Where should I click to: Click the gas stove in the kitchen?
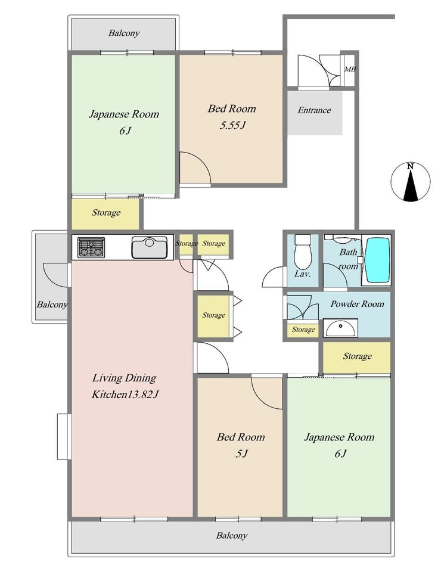[x=91, y=247]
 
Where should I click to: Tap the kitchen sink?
[x=150, y=247]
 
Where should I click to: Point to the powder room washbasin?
[x=341, y=328]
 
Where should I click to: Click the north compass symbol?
[x=411, y=182]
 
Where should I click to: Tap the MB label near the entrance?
[x=350, y=69]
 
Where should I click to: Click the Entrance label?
[x=314, y=110]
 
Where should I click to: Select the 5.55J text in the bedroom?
[x=232, y=126]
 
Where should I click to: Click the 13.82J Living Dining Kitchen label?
[x=125, y=386]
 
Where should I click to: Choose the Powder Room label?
[x=357, y=304]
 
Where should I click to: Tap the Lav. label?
[x=302, y=274]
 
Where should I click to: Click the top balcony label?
[x=124, y=33]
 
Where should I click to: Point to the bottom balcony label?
[x=232, y=535]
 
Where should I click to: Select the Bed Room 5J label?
[x=241, y=445]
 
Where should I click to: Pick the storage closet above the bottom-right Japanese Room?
[x=357, y=357]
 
